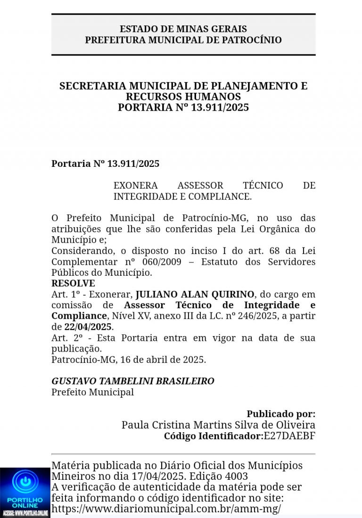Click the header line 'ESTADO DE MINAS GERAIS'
coord(183,29)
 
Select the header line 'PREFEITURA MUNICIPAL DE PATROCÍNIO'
coord(183,40)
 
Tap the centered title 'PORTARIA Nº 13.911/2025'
coord(183,107)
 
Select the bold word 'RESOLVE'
coord(73,284)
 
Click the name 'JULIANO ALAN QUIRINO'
coord(195,295)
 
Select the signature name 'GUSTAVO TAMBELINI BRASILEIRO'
coord(132,381)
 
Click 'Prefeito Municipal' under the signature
coord(92,392)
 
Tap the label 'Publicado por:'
coord(281,414)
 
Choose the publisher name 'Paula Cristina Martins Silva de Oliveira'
coord(218,425)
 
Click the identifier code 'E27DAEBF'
coord(289,436)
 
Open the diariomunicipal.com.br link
coord(166,509)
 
